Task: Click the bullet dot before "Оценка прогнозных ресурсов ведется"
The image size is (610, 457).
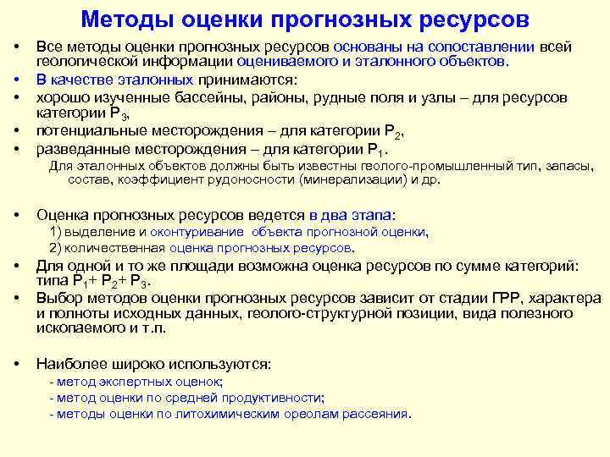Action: pyautogui.click(x=16, y=215)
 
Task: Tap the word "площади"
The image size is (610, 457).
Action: pyautogui.click(x=168, y=266)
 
